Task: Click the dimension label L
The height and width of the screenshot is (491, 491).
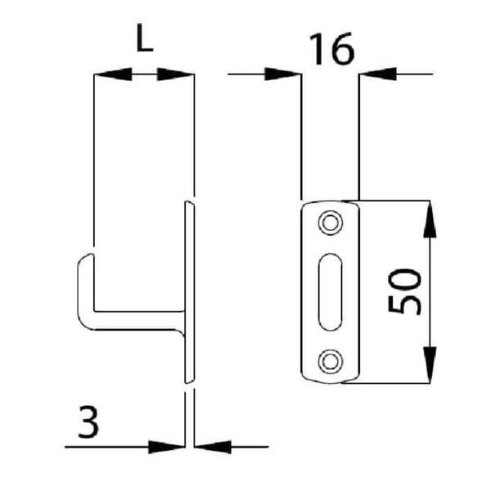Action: [145, 38]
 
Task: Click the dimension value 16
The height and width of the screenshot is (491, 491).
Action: [332, 49]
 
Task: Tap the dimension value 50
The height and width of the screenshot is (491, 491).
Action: [404, 291]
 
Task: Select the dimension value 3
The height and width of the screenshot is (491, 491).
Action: [88, 421]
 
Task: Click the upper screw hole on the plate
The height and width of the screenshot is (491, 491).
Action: [331, 223]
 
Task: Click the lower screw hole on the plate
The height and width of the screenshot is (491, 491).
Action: [331, 362]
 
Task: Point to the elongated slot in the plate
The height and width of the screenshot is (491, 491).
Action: [330, 292]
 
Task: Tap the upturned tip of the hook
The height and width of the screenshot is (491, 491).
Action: [88, 257]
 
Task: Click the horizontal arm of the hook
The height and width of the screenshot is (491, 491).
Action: [137, 320]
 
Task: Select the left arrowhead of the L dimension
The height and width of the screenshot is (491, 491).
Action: [113, 74]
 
